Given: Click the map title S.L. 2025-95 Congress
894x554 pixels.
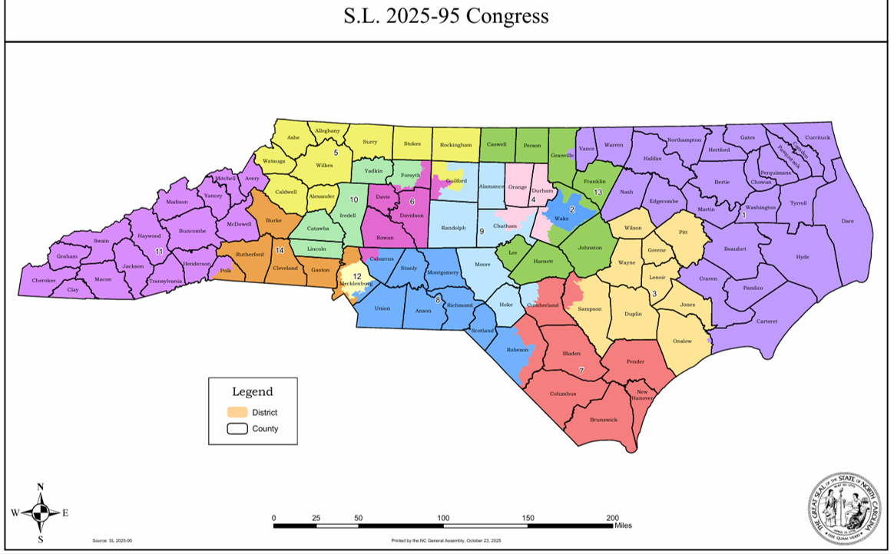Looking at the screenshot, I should pyautogui.click(x=446, y=16).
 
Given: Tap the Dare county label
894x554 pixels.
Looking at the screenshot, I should pyautogui.click(x=847, y=221).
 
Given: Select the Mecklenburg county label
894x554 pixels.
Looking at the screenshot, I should pyautogui.click(x=356, y=284).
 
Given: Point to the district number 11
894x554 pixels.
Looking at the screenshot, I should pyautogui.click(x=159, y=251).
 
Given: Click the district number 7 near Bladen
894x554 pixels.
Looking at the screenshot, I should pyautogui.click(x=581, y=371).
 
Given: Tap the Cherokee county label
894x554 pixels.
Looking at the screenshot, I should pyautogui.click(x=43, y=281).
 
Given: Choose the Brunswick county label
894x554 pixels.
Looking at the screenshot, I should pyautogui.click(x=603, y=420).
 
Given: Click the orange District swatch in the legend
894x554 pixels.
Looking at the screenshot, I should pyautogui.click(x=237, y=412).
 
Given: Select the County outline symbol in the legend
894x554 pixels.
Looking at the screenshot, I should pyautogui.click(x=237, y=428).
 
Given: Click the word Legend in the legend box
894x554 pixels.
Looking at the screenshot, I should pyautogui.click(x=253, y=391).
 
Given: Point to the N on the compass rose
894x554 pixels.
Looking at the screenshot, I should pyautogui.click(x=40, y=486).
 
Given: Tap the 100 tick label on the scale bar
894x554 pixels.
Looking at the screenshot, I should pyautogui.click(x=443, y=519).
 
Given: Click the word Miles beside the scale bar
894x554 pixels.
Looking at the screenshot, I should pyautogui.click(x=623, y=526).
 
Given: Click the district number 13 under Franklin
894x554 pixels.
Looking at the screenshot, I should pyautogui.click(x=598, y=192).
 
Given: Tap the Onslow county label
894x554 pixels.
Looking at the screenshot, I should pyautogui.click(x=682, y=341).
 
